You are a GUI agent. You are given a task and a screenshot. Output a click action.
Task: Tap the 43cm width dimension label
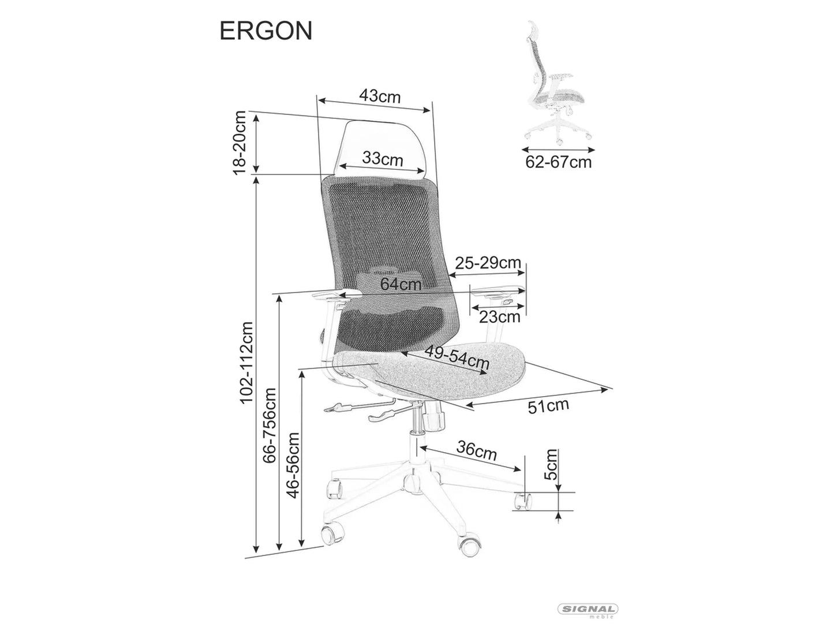coord(379,96)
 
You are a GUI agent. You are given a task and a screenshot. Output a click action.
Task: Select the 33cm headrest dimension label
coord(382,158)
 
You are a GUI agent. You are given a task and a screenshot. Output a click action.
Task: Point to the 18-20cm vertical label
coord(240,142)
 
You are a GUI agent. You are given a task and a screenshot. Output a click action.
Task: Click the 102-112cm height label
coord(246,362)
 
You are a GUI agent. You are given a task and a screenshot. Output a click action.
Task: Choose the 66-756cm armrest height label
coord(270,425)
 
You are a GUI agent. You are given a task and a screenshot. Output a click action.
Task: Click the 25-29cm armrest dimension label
coord(488,263)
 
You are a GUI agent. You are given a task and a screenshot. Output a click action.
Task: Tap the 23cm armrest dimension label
coord(500,316)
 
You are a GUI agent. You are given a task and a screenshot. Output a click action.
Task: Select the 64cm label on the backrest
coord(401,284)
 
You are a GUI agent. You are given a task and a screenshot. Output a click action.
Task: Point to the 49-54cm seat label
coord(457,358)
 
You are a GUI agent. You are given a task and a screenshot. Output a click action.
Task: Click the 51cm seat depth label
coord(548,406)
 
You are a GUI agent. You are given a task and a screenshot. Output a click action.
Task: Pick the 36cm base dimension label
coord(476,450)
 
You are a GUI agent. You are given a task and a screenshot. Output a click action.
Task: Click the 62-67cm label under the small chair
coord(558,162)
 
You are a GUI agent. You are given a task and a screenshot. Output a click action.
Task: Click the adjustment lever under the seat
coord(346,409)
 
